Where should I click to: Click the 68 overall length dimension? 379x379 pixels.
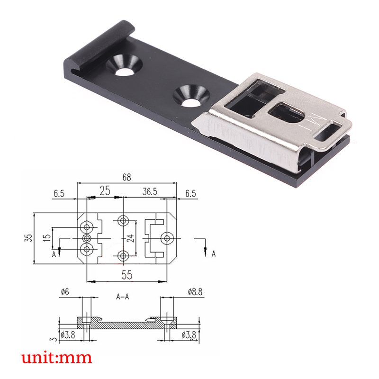pos(126,177)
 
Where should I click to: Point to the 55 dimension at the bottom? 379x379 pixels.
pos(126,274)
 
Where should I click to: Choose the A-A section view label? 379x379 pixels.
pos(123,297)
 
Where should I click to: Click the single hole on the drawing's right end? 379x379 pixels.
pos(166,237)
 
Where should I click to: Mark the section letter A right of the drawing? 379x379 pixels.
pos(213,254)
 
